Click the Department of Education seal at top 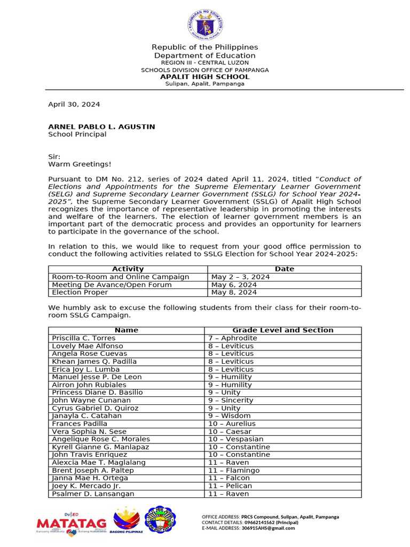[205, 25]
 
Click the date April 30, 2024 [74, 105]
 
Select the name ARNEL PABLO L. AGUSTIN [101, 127]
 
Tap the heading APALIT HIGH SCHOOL [205, 77]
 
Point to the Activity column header [128, 269]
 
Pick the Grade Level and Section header [283, 330]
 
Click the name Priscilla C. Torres [83, 338]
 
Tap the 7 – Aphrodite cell [232, 338]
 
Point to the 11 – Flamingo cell [234, 471]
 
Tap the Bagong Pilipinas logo [127, 521]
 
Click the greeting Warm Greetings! [80, 165]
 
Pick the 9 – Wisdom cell [229, 416]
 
